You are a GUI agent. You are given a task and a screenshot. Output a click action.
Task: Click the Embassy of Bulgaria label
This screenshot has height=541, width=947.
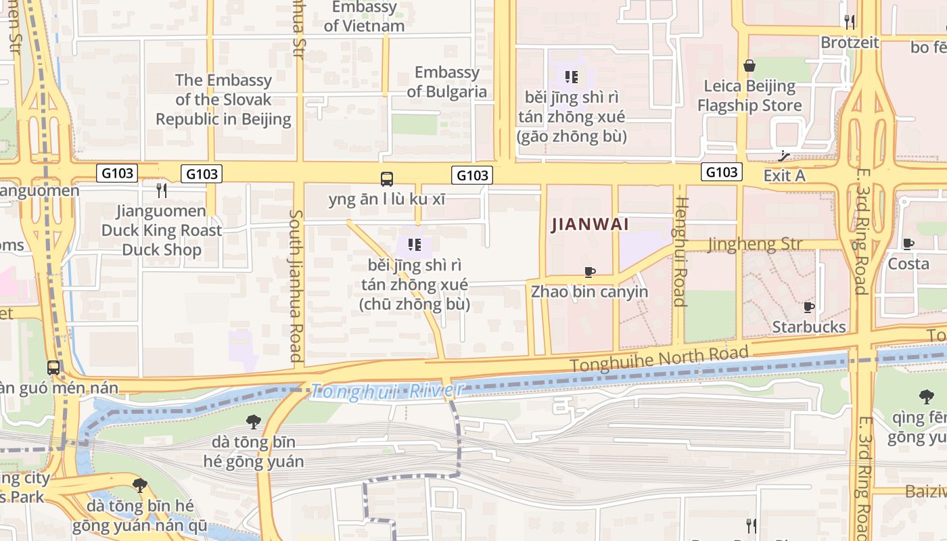click(x=446, y=82)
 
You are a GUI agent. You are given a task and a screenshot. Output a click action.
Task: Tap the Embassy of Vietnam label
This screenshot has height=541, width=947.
click(x=364, y=16)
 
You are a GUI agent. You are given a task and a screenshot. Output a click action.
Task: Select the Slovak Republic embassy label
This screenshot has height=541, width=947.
click(x=223, y=99)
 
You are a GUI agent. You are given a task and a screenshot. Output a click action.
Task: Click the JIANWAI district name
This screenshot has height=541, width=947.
click(x=591, y=225)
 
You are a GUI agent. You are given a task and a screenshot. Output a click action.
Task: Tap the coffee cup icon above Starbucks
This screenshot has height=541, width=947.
click(x=808, y=308)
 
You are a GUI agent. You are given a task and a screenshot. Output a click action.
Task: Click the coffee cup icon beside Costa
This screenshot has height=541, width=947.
click(x=908, y=244)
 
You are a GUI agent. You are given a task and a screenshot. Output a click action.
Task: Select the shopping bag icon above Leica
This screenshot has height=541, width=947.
click(x=749, y=66)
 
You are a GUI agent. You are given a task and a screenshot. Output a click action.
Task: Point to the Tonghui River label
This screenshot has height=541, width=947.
click(x=388, y=390)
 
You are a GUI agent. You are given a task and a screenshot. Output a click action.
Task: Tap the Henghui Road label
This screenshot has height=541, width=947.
click(x=680, y=252)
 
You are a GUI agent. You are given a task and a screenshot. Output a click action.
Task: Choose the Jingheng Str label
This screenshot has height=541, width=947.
click(x=755, y=244)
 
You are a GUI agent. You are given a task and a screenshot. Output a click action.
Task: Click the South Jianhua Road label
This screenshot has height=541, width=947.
click(x=296, y=285)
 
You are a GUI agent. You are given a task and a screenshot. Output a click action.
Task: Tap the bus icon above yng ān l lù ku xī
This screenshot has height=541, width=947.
click(x=387, y=179)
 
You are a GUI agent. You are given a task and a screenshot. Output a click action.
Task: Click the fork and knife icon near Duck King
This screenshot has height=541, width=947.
click(x=161, y=191)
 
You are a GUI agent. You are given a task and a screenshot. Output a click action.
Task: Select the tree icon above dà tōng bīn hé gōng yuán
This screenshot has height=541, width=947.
click(x=254, y=422)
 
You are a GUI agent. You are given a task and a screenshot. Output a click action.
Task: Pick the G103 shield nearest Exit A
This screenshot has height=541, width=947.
click(x=721, y=172)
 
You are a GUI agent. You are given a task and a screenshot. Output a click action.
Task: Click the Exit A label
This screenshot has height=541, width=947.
click(x=784, y=176)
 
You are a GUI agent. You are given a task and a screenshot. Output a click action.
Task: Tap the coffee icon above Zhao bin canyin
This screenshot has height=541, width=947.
click(x=590, y=272)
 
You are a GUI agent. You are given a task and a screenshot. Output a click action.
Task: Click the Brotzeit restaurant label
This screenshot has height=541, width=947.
click(x=850, y=43)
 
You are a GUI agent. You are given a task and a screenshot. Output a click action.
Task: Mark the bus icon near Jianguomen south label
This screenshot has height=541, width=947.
click(x=53, y=368)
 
